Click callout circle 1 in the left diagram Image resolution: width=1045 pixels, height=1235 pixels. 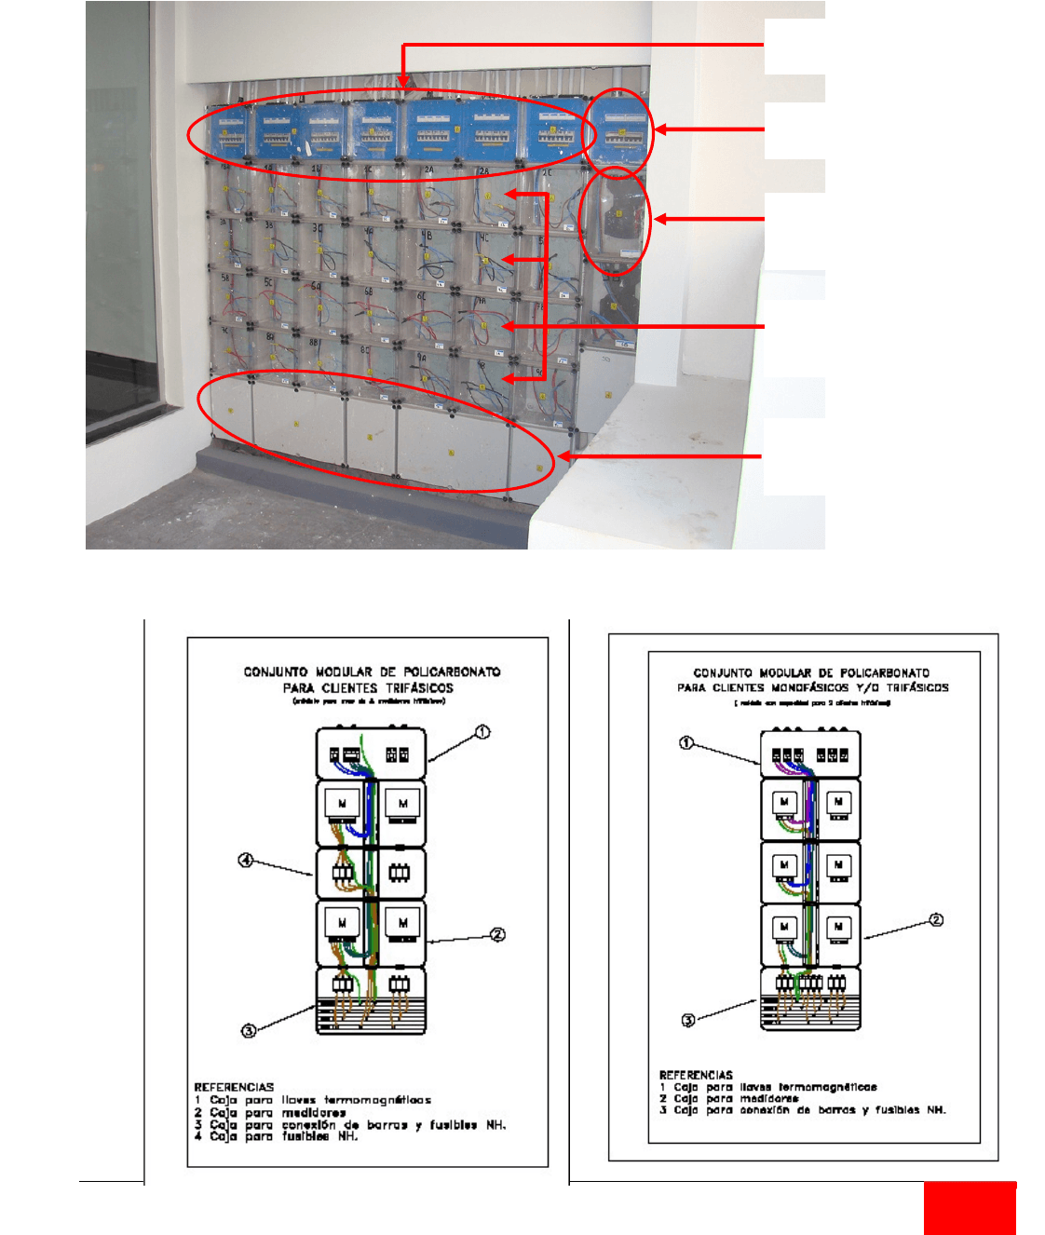pos(482,732)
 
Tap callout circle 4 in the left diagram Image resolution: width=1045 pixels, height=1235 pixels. pos(246,861)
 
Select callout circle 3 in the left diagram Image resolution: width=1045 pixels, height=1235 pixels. pos(249,1030)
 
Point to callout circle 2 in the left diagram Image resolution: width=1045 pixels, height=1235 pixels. pos(498,934)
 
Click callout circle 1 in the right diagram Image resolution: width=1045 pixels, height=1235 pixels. pos(686,742)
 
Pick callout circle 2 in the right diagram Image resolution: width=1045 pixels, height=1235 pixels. pos(937,920)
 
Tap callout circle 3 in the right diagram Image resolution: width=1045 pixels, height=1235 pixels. pos(688,1020)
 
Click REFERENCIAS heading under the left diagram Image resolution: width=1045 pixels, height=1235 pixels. pos(234,1087)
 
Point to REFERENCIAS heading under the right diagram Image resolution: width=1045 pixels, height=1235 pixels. pos(696,1075)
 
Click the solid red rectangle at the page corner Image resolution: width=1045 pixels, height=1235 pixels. pos(970,1209)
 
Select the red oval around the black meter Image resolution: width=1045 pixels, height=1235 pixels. pos(615,222)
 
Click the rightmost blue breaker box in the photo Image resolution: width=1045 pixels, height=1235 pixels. pos(620,130)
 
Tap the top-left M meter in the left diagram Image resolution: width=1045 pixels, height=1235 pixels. pos(343,803)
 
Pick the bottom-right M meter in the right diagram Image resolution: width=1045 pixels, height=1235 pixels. pos(839,927)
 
